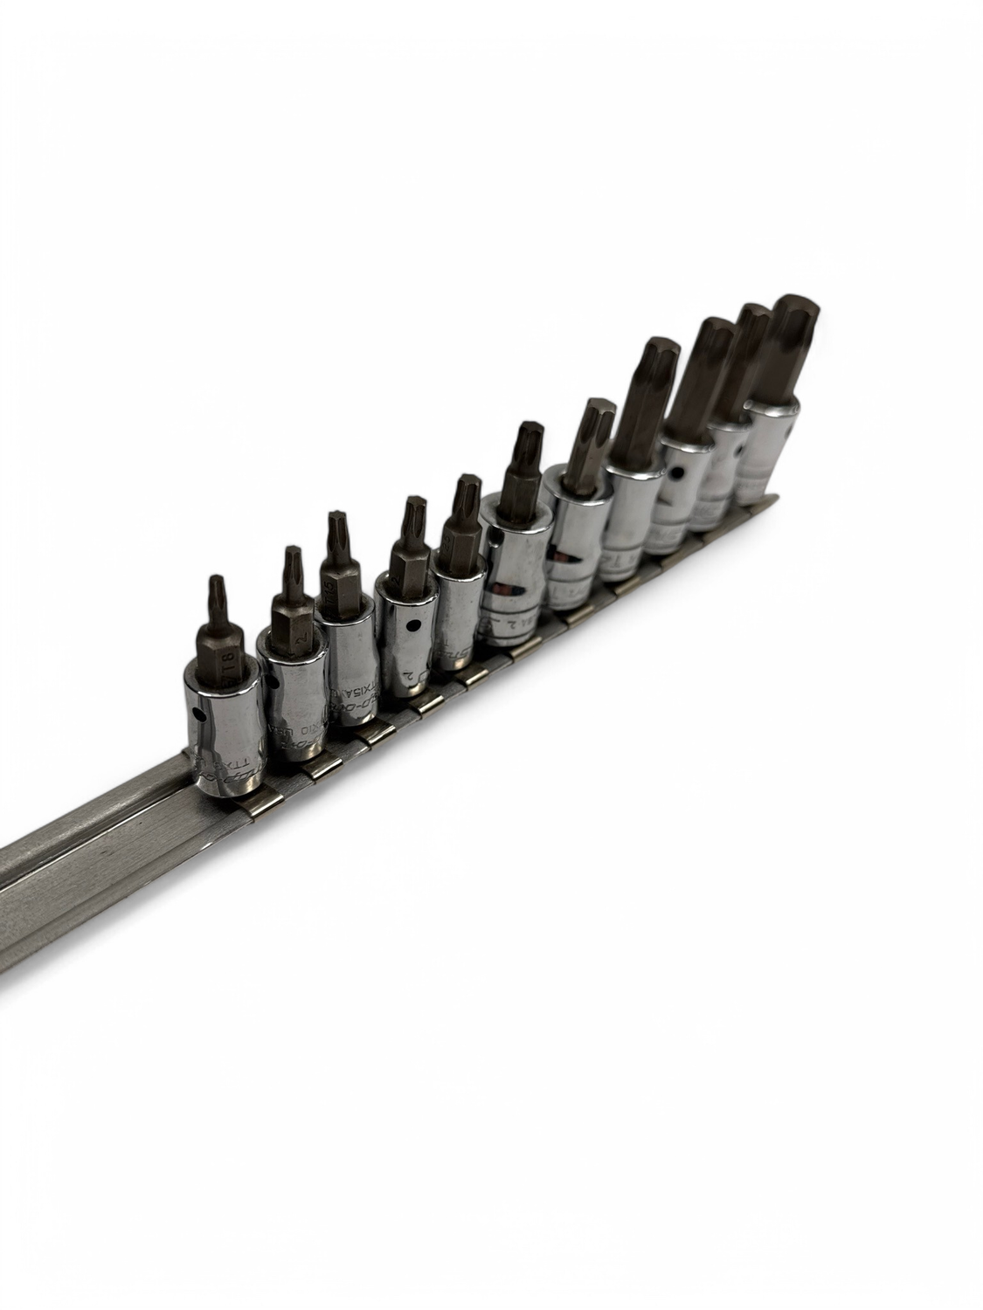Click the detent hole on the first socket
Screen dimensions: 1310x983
click(203, 715)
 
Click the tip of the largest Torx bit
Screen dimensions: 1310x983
click(793, 306)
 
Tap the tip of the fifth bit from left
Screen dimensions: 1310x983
click(468, 483)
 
